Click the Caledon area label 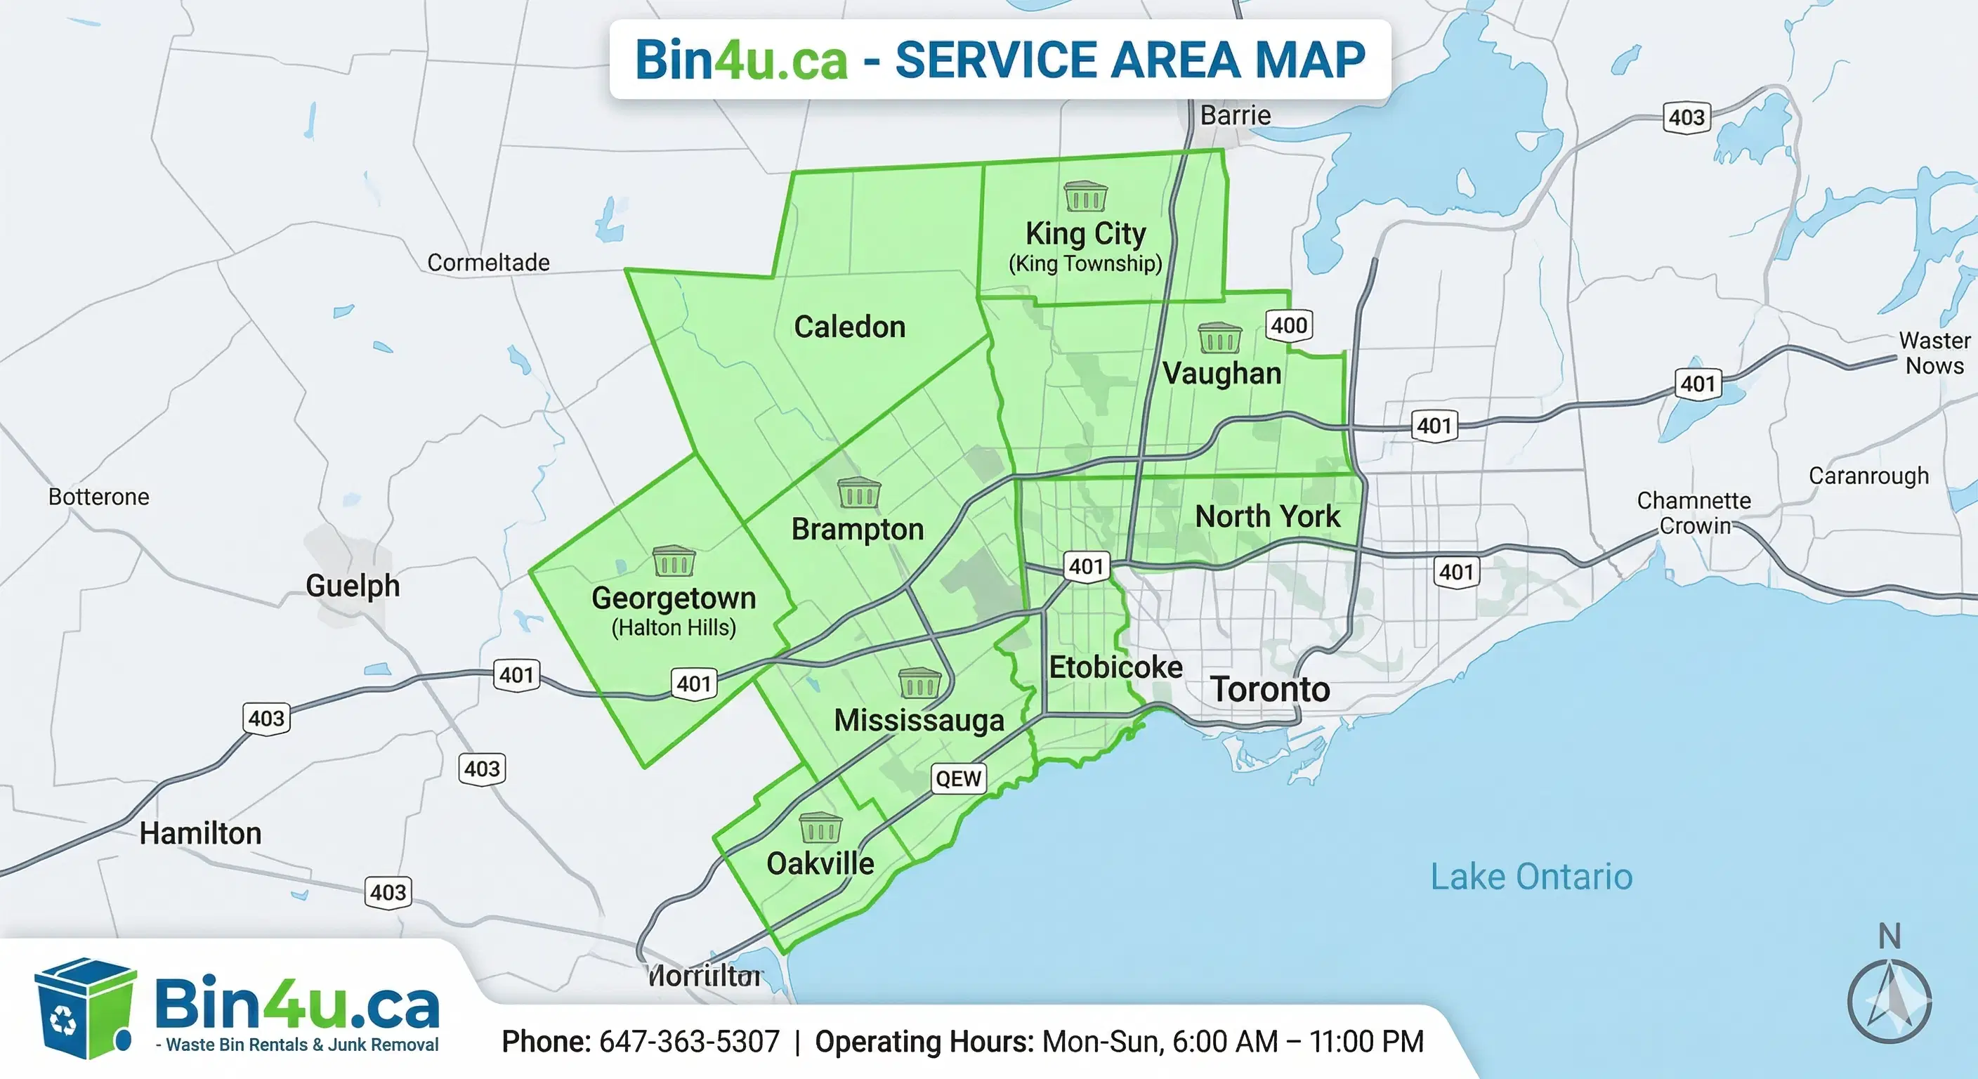click(x=849, y=327)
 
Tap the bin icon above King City click(x=1085, y=197)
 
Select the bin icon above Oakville click(x=820, y=828)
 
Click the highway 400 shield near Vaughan click(x=1288, y=326)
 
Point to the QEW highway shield click(x=957, y=779)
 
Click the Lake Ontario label click(x=1531, y=877)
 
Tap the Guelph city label click(x=353, y=586)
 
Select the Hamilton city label click(x=200, y=833)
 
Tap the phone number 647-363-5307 click(x=689, y=1042)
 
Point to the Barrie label click(x=1235, y=115)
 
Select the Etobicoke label click(x=1115, y=667)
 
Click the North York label click(x=1267, y=517)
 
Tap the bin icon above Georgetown click(x=674, y=561)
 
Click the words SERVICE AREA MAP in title click(x=1129, y=60)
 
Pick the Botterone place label click(x=98, y=497)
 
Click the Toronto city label click(x=1269, y=689)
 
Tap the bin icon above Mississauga click(x=919, y=683)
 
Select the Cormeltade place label click(x=487, y=263)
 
